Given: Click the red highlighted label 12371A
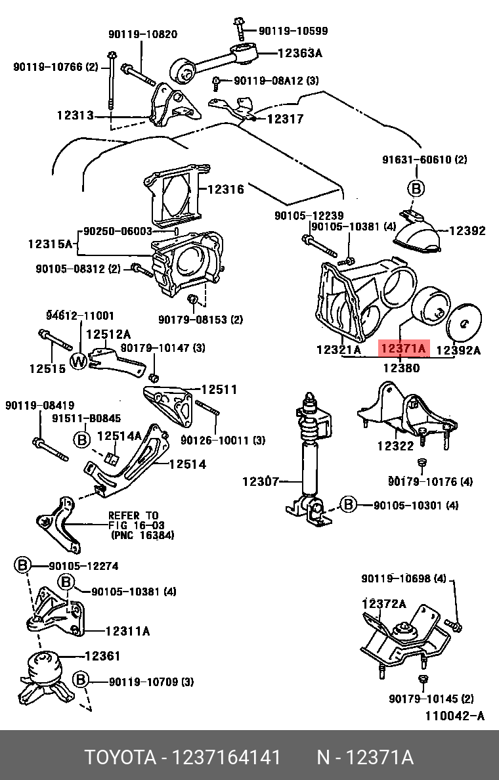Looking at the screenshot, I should point(404,349).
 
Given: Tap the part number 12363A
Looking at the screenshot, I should point(299,54).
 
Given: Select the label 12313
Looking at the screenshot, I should point(75,115).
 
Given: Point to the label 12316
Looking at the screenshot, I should point(225,190).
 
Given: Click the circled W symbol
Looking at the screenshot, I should point(79,360).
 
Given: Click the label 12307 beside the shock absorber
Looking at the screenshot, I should point(261,481).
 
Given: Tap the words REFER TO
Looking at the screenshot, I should point(133,515).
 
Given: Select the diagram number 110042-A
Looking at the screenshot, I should point(454,716).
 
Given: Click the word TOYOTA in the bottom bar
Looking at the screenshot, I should point(118,758).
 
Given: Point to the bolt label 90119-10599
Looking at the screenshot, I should point(293,31).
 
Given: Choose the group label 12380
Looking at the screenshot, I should point(401,368).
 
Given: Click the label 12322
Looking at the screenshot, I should point(395,446).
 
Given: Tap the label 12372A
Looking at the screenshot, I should point(383,603).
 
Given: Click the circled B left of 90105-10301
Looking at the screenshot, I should point(348,504).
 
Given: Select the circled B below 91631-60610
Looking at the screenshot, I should point(416,188).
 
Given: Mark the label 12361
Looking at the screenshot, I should point(102,656).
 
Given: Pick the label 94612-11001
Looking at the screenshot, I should point(80,316).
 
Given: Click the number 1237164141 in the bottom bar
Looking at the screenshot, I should point(226,758).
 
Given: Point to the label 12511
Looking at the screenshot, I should point(219,389).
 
